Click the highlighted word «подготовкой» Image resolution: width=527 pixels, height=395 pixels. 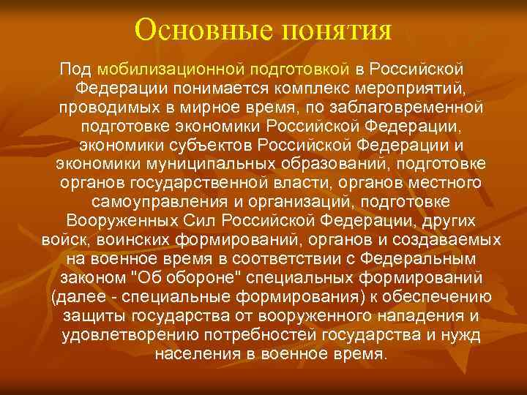coord(302,69)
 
